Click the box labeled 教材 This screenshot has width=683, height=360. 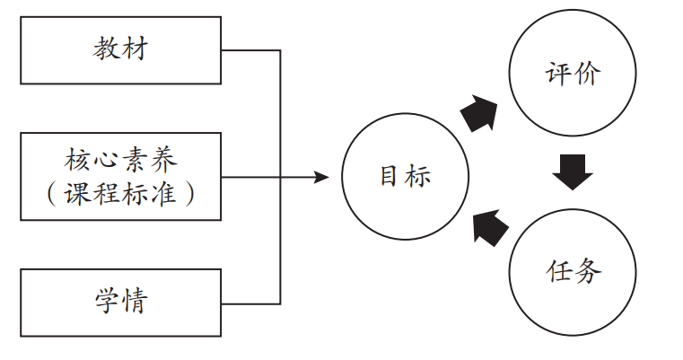tap(120, 50)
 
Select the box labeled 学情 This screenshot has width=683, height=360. tap(120, 302)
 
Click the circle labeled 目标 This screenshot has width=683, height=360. tap(405, 176)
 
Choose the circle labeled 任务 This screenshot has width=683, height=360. tap(572, 270)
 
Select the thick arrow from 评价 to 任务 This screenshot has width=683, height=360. tap(572, 171)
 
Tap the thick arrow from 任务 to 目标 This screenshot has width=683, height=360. tap(486, 225)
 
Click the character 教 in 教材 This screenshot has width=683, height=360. tap(106, 49)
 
